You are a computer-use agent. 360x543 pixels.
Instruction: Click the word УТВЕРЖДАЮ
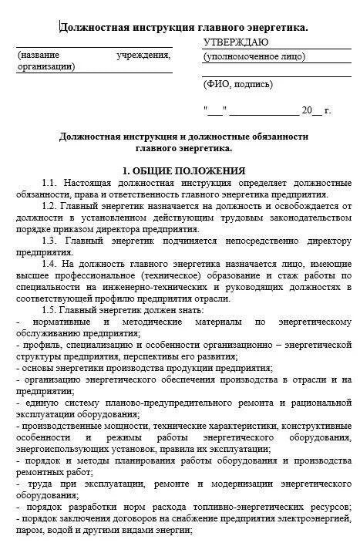click(x=236, y=42)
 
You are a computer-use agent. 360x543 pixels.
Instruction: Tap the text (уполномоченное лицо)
click(x=254, y=57)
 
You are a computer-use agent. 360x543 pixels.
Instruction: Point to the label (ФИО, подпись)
click(x=238, y=84)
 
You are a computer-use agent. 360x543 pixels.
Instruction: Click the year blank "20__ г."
click(x=316, y=110)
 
